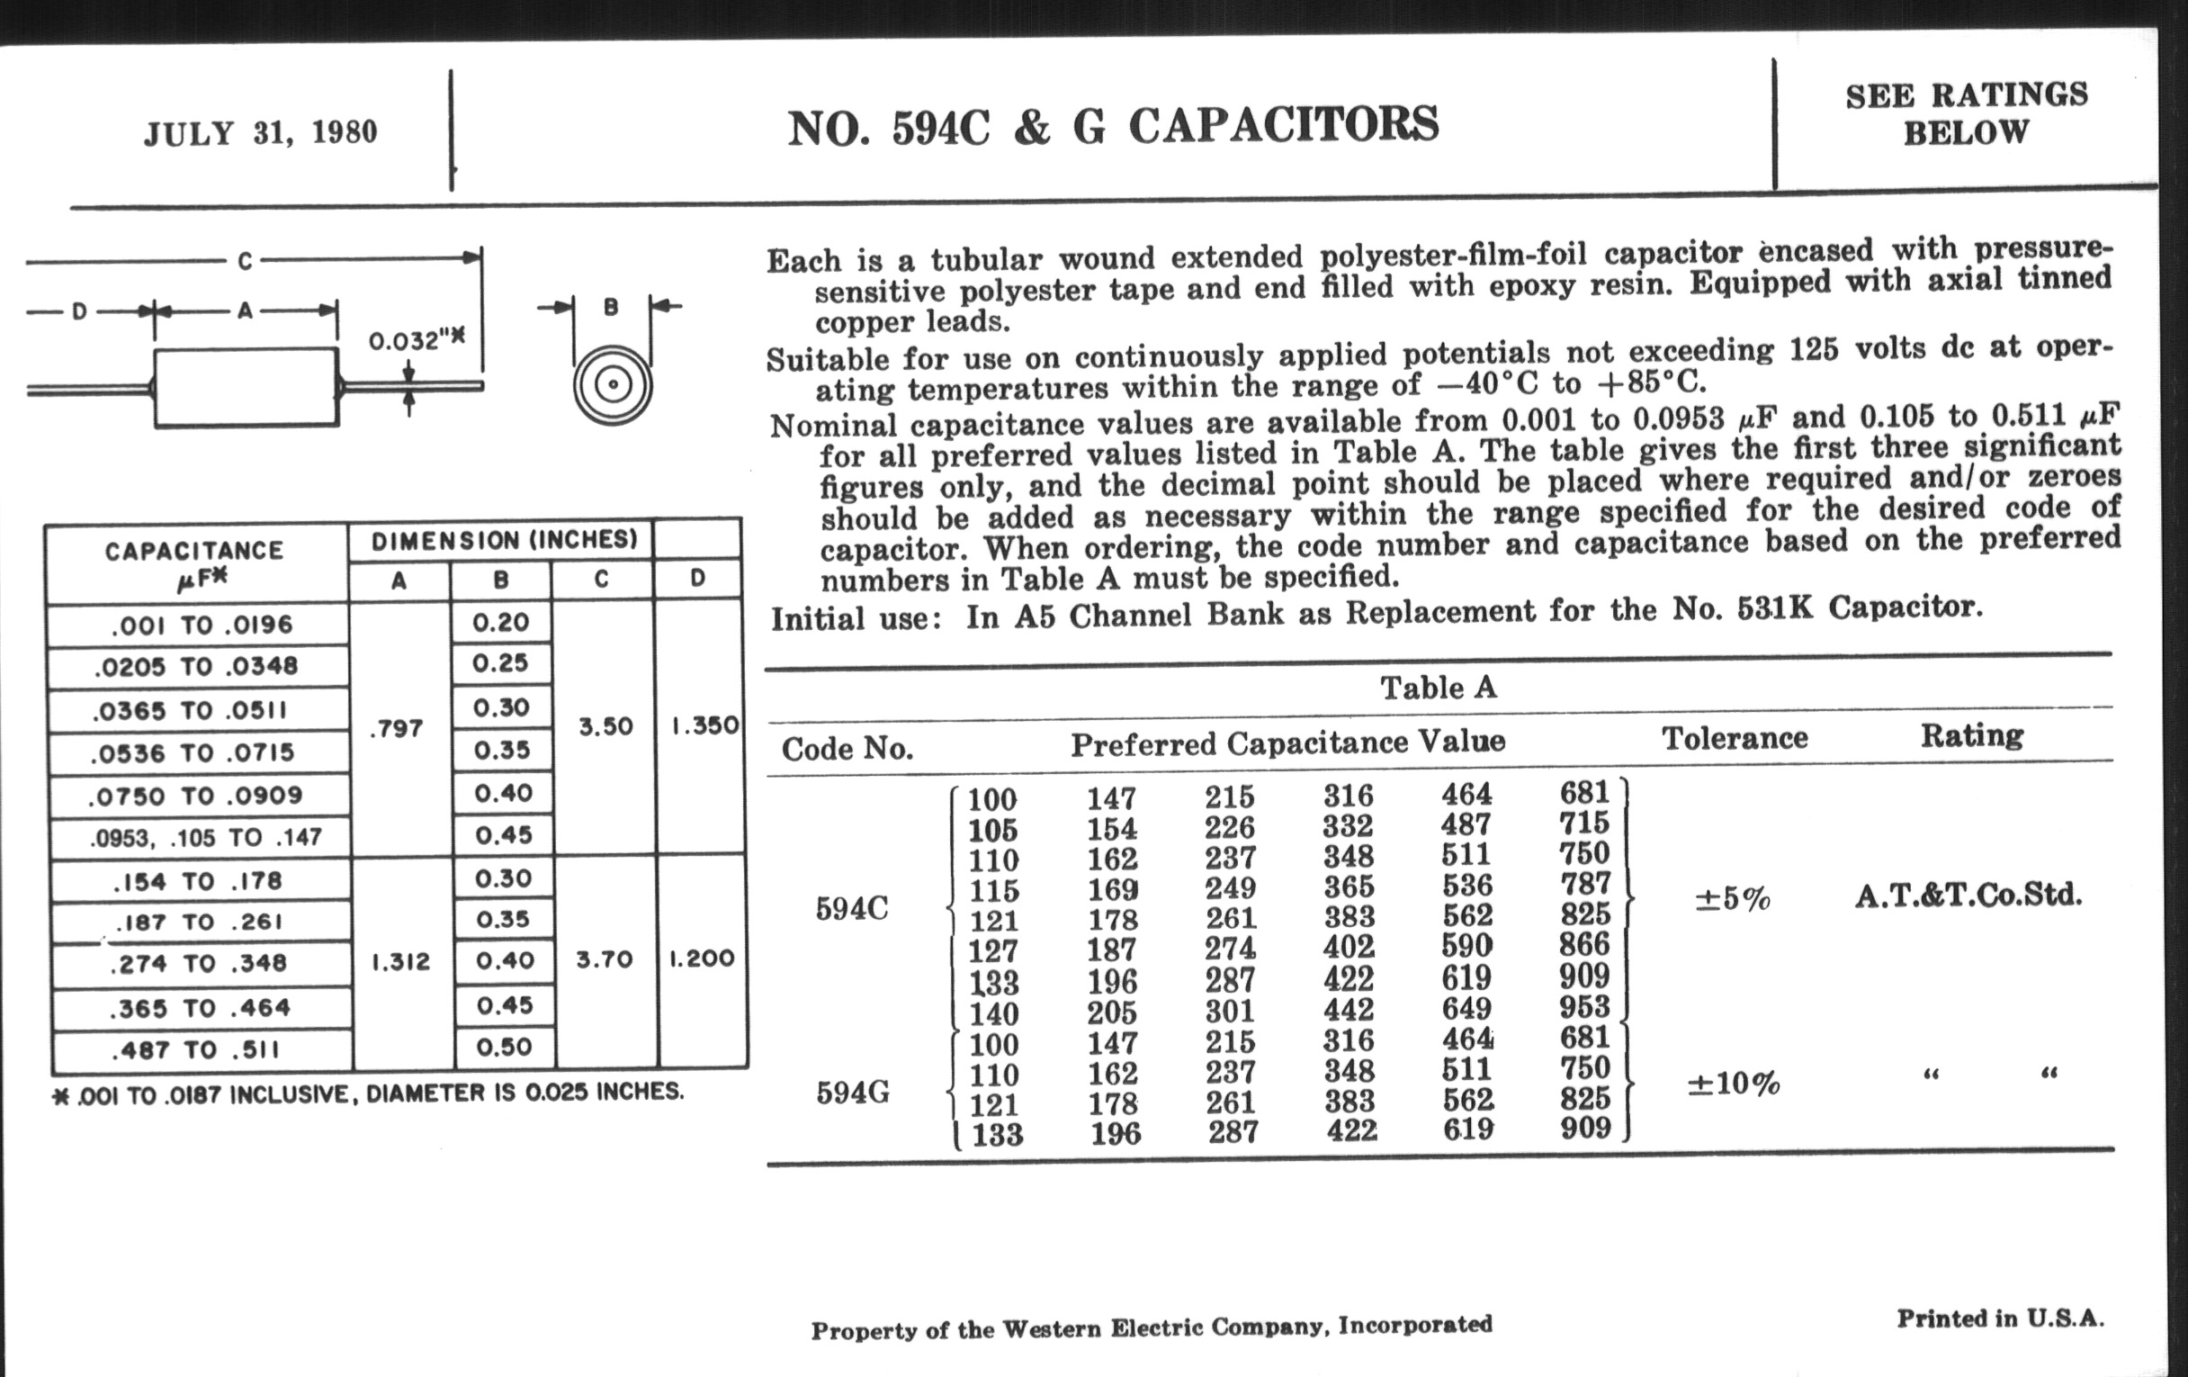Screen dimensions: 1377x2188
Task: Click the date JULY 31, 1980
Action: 260,132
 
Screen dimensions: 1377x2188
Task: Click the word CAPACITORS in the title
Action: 1283,125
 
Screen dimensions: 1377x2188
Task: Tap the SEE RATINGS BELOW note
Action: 1967,113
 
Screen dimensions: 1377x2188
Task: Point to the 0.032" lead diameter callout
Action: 417,341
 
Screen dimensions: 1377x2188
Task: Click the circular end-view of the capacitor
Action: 613,384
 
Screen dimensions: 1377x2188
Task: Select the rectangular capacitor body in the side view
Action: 246,387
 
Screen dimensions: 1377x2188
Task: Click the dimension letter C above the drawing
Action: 245,262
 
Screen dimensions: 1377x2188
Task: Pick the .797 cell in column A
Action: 397,728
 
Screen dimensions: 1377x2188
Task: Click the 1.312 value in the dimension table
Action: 400,961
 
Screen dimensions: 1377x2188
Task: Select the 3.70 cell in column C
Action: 605,959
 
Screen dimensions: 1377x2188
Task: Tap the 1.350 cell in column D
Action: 704,725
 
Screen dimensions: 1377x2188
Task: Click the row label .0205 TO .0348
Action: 195,666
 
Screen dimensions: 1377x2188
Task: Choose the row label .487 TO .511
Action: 195,1050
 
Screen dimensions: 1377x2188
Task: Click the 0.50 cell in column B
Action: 504,1047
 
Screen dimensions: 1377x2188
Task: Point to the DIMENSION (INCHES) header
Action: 504,540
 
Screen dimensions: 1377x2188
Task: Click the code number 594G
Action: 852,1093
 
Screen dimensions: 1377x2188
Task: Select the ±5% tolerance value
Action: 1732,899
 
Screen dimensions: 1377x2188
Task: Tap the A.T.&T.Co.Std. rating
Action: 1968,896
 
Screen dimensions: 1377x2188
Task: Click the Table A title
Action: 1438,687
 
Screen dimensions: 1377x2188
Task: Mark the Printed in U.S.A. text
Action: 2000,1318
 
